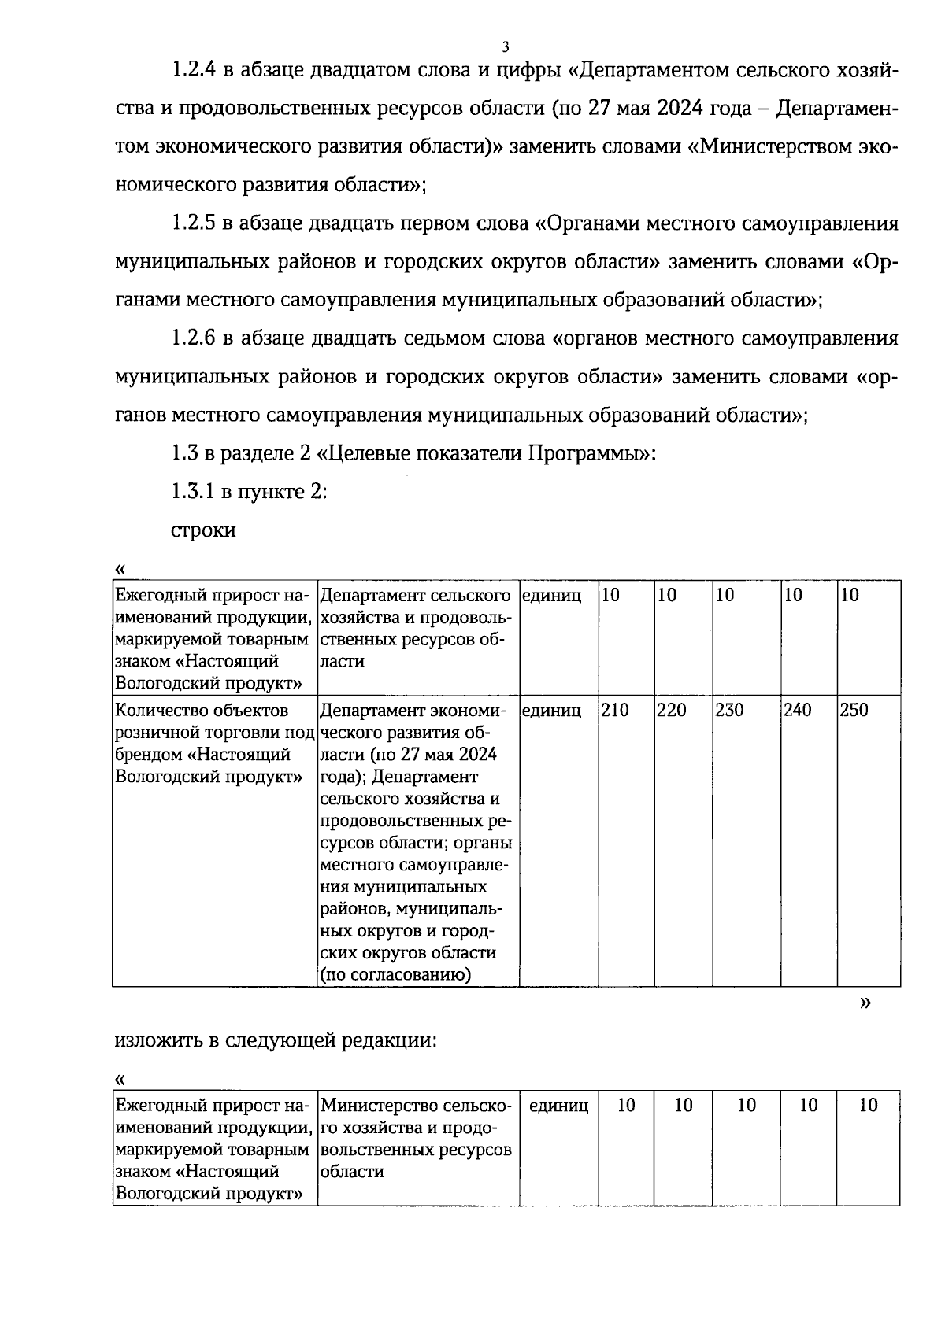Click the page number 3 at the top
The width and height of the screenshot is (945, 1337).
coord(506,46)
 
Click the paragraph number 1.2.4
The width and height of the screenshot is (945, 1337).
coord(194,70)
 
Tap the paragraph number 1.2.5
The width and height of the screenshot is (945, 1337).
coord(194,223)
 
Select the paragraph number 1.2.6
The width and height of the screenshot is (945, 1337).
coord(194,338)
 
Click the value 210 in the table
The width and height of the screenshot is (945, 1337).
coord(615,711)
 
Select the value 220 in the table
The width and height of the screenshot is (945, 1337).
coord(672,711)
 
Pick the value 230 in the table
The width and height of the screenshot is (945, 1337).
coord(731,711)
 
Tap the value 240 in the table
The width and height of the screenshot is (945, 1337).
coord(798,711)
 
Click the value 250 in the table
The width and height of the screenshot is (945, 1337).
coord(854,711)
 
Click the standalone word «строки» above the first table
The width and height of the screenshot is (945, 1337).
coord(203,530)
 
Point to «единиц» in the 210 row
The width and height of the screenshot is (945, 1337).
coord(551,711)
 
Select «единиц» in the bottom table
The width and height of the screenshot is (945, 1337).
coord(558,1106)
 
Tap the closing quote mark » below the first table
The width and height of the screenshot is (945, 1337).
coord(866,1003)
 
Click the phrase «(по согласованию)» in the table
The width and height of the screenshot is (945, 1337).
coord(395,975)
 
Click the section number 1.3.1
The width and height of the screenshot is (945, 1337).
coord(194,493)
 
